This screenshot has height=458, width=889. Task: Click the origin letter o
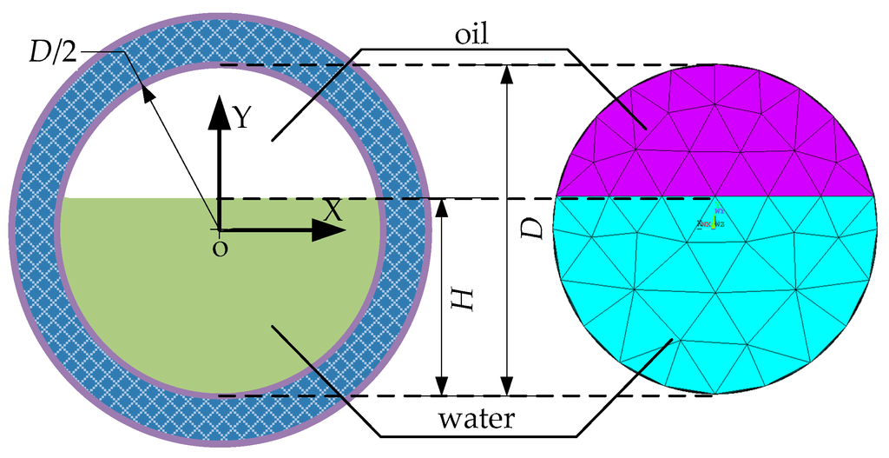coord(220,249)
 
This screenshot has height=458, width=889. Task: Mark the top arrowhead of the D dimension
coord(508,75)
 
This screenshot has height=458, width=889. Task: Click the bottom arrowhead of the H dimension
coord(442,385)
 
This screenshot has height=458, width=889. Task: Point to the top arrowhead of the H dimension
coord(442,209)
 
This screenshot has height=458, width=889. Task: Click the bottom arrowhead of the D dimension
coord(508,385)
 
